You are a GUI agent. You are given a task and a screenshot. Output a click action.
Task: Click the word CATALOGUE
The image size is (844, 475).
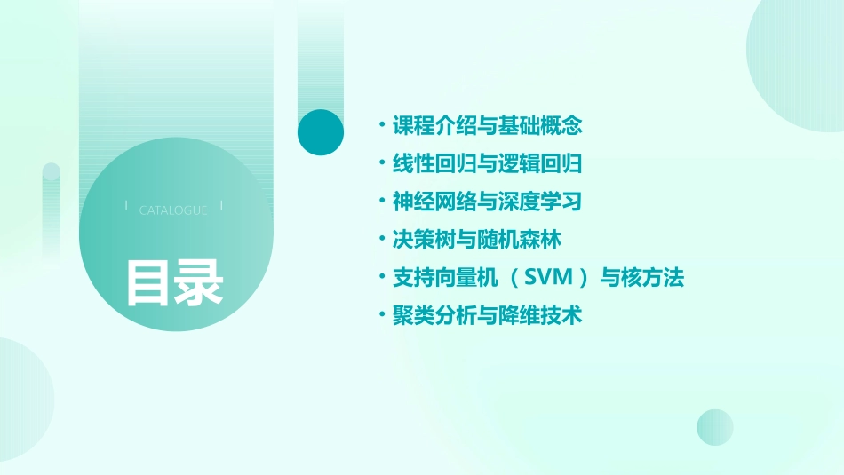[173, 210]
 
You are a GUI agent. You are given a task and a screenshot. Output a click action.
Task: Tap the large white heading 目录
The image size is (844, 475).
[174, 281]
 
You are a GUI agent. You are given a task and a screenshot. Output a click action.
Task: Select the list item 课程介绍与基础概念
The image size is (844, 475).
[487, 125]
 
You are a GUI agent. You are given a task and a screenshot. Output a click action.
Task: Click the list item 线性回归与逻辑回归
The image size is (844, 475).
[487, 163]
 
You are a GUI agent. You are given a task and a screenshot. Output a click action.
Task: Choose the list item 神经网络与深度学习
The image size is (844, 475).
[487, 202]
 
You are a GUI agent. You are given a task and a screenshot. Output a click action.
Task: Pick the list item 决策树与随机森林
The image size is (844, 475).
[477, 240]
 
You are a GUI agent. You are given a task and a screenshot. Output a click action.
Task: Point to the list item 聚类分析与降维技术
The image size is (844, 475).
[487, 315]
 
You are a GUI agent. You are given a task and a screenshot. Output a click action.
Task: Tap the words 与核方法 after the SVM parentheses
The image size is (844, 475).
[642, 278]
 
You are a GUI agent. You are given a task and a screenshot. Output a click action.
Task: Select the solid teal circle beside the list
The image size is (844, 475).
[321, 132]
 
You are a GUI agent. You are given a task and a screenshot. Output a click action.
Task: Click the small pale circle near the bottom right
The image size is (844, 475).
[715, 427]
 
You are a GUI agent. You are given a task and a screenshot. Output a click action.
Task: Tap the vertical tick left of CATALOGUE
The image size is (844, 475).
[127, 205]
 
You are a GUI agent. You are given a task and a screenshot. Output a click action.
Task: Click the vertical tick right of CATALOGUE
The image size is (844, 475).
[221, 205]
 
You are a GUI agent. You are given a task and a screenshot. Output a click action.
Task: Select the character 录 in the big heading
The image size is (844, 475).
[199, 281]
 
